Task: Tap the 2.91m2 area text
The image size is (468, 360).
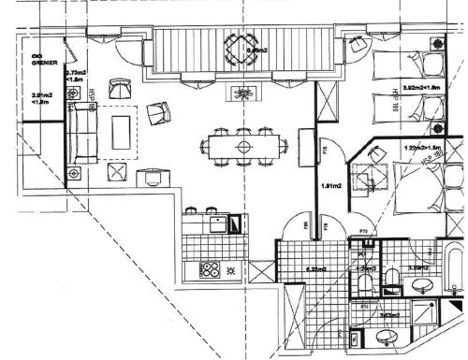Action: [39, 97]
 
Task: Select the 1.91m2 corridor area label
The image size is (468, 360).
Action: [329, 186]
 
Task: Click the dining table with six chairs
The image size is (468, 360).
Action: [243, 146]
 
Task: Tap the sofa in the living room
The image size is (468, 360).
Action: [83, 131]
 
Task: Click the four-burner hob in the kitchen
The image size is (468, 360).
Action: [211, 270]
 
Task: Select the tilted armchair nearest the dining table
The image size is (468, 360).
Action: [159, 113]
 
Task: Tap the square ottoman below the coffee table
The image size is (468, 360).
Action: [117, 172]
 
